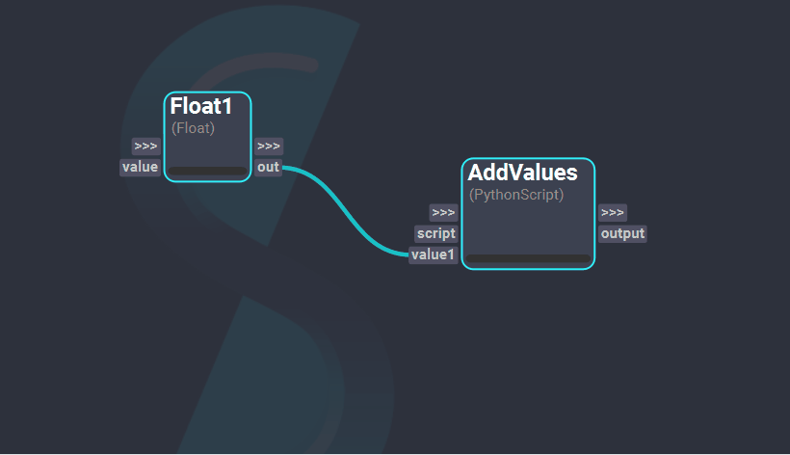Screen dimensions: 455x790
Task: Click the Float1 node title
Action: (x=201, y=107)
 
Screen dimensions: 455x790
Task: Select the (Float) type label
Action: (x=193, y=127)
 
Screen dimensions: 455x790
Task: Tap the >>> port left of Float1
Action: (x=146, y=147)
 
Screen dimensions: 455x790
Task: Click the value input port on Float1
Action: (x=140, y=168)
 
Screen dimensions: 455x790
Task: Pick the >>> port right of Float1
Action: (x=269, y=147)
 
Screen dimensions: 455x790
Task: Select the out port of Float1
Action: (x=268, y=168)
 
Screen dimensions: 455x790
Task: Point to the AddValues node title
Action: (x=522, y=174)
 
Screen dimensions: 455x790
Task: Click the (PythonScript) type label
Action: (x=516, y=195)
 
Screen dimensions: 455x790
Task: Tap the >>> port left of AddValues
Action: (x=443, y=212)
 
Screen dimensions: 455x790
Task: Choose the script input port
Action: (x=436, y=233)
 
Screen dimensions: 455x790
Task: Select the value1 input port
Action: (x=433, y=254)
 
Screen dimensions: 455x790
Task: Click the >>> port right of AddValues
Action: (x=612, y=212)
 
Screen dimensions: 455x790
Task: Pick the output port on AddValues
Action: (x=622, y=233)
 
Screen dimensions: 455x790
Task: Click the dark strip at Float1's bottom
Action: (x=207, y=172)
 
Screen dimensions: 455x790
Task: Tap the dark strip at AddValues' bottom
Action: (x=528, y=258)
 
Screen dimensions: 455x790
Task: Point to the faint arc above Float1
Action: (x=279, y=64)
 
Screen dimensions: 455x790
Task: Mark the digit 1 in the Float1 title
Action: (x=226, y=107)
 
